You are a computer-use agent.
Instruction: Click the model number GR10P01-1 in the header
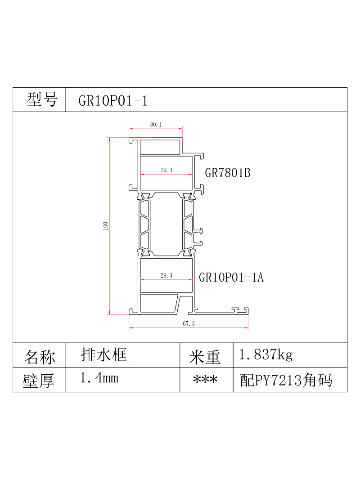pyautogui.click(x=113, y=100)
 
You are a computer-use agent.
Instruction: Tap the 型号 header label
pyautogui.click(x=42, y=99)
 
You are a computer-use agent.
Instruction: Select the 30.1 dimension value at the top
pyautogui.click(x=156, y=125)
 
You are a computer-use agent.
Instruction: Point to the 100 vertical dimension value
pyautogui.click(x=105, y=226)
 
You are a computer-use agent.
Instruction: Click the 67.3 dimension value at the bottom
pyautogui.click(x=189, y=323)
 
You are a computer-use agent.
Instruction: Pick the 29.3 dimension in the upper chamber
pyautogui.click(x=166, y=170)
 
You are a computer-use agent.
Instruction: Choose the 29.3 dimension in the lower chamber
pyautogui.click(x=166, y=275)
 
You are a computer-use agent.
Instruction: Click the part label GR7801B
pyautogui.click(x=227, y=173)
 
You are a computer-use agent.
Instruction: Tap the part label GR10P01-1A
pyautogui.click(x=231, y=278)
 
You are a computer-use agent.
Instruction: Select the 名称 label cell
pyautogui.click(x=40, y=357)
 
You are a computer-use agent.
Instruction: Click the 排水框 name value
pyautogui.click(x=104, y=355)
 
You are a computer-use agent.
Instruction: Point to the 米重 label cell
pyautogui.click(x=204, y=357)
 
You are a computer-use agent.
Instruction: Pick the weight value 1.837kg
pyautogui.click(x=265, y=355)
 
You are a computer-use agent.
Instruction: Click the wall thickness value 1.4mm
pyautogui.click(x=99, y=378)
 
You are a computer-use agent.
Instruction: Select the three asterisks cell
pyautogui.click(x=205, y=380)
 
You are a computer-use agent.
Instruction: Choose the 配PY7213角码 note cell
pyautogui.click(x=286, y=380)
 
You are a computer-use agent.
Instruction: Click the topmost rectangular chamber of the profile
pyautogui.click(x=160, y=147)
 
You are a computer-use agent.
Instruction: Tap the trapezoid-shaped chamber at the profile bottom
pyautogui.click(x=158, y=303)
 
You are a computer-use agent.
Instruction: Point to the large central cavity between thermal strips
pyautogui.click(x=166, y=224)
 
